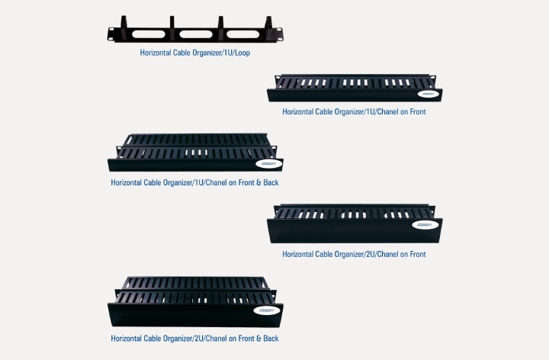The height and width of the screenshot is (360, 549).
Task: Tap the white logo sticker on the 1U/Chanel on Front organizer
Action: pos(427,95)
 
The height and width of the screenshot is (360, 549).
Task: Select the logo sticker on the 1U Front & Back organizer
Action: pos(269,164)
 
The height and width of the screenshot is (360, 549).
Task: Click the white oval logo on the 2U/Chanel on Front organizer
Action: pos(425,225)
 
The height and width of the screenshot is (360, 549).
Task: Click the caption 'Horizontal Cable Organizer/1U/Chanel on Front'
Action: pos(354,111)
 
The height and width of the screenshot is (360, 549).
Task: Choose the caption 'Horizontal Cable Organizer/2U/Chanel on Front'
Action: pos(354,254)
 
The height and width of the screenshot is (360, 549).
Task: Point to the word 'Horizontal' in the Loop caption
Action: pos(156,53)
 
